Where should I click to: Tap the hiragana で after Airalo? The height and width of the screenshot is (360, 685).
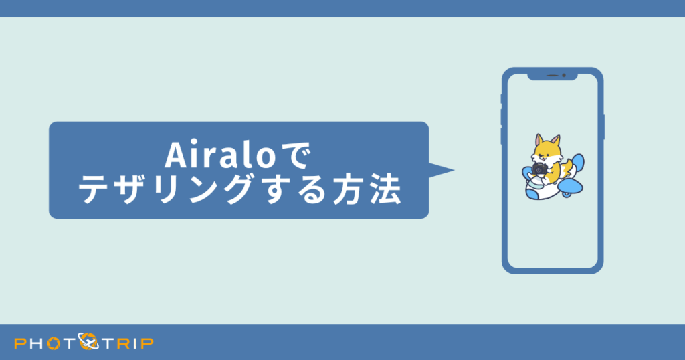[295, 156]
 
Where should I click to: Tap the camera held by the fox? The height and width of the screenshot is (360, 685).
[540, 169]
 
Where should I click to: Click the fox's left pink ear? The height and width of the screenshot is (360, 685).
[539, 141]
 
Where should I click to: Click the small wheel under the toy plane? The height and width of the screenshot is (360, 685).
[567, 195]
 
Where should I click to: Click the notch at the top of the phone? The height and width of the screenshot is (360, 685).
[553, 76]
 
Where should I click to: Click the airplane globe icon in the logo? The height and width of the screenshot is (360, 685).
[88, 342]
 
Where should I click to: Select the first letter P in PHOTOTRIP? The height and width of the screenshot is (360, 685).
[20, 343]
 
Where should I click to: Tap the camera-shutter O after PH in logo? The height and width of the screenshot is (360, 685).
[54, 343]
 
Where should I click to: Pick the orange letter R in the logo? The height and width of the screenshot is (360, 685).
[124, 343]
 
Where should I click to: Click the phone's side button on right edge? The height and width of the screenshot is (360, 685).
[603, 127]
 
